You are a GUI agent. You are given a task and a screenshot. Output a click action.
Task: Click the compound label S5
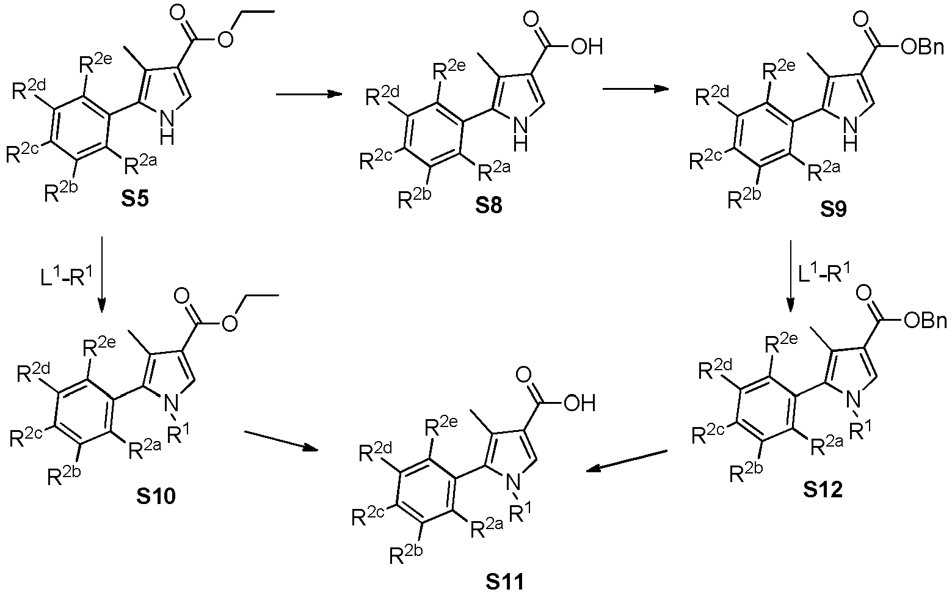(x=135, y=199)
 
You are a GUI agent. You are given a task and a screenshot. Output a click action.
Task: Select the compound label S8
(x=489, y=205)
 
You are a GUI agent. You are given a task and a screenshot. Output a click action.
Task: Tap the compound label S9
(x=833, y=208)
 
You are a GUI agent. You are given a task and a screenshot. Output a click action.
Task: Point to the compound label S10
(x=156, y=496)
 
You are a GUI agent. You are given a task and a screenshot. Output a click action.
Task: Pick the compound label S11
(x=505, y=582)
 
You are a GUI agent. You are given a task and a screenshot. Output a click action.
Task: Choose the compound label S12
(x=823, y=491)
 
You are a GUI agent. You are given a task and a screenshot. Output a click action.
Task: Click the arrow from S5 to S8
(x=309, y=94)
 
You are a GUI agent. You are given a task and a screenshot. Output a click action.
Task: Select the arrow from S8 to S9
(x=636, y=89)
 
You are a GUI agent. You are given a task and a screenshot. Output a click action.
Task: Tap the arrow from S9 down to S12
(x=791, y=276)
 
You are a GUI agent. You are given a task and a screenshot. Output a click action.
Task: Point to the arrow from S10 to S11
(x=282, y=440)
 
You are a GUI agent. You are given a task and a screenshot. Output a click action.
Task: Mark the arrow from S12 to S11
(x=627, y=461)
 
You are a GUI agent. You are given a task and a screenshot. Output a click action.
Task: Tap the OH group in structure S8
(x=587, y=47)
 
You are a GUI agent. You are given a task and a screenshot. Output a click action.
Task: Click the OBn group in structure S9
(x=921, y=48)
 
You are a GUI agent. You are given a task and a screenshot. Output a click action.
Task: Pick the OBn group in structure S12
(x=925, y=321)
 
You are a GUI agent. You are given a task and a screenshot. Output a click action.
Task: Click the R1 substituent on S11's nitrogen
(x=520, y=511)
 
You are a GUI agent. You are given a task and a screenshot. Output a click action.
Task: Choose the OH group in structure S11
(x=580, y=403)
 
